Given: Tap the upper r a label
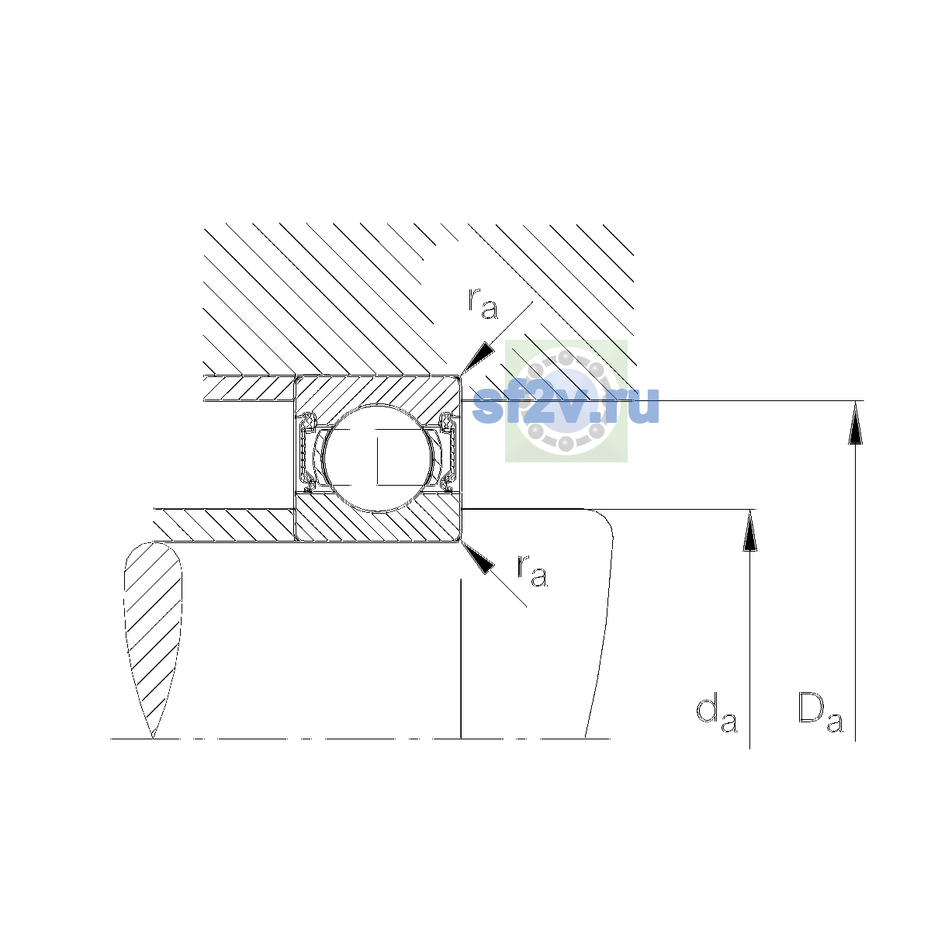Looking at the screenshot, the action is pyautogui.click(x=483, y=304).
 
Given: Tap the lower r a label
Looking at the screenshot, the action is pyautogui.click(x=532, y=570).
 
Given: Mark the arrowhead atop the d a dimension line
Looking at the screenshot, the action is pyautogui.click(x=749, y=531).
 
